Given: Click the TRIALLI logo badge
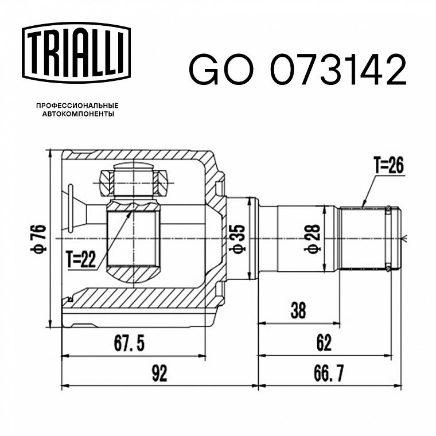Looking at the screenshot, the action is [76, 53].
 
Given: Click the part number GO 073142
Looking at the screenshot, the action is [298, 70].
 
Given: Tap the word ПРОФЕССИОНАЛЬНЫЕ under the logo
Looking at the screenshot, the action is [77, 106].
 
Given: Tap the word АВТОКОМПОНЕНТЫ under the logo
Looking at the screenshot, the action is [78, 114].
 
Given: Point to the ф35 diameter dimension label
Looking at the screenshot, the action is [237, 239].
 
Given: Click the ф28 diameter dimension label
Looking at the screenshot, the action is [312, 239].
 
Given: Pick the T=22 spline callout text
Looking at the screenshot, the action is [81, 259].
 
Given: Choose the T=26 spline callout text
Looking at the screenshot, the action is [389, 165].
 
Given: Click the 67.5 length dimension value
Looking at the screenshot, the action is [129, 344].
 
